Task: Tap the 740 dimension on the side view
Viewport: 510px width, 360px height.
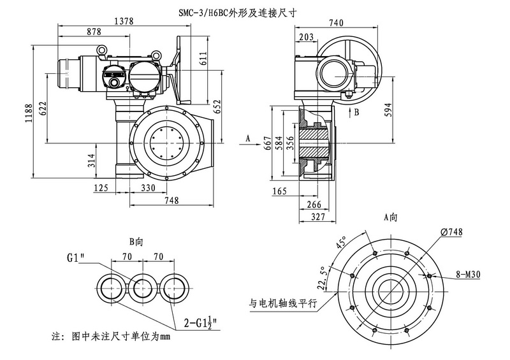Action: (x=337, y=24)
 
